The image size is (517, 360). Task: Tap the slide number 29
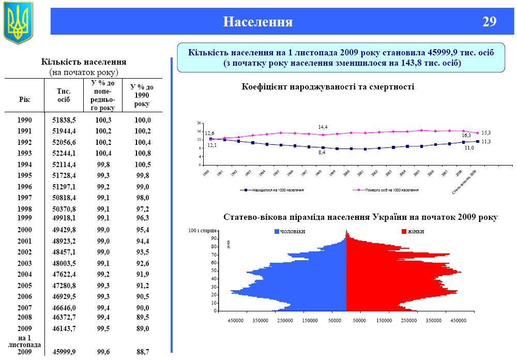point(489,22)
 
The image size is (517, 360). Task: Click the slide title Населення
point(257,22)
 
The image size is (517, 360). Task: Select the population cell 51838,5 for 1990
point(64,120)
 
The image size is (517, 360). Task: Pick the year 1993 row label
point(24,154)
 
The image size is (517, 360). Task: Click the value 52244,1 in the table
point(64,154)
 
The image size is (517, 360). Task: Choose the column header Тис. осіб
point(64,95)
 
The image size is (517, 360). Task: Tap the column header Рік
point(24,100)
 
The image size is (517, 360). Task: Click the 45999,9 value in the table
point(64,352)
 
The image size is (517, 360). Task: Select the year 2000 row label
point(24,230)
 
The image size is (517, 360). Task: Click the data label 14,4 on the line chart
point(323,127)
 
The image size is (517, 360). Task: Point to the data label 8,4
point(322,153)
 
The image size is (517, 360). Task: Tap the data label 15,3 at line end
point(485,133)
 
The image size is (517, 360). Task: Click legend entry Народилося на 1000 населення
point(278,190)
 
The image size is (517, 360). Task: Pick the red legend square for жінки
point(404,231)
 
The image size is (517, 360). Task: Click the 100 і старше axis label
point(203,229)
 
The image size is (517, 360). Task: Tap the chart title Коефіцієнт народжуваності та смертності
point(328,86)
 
